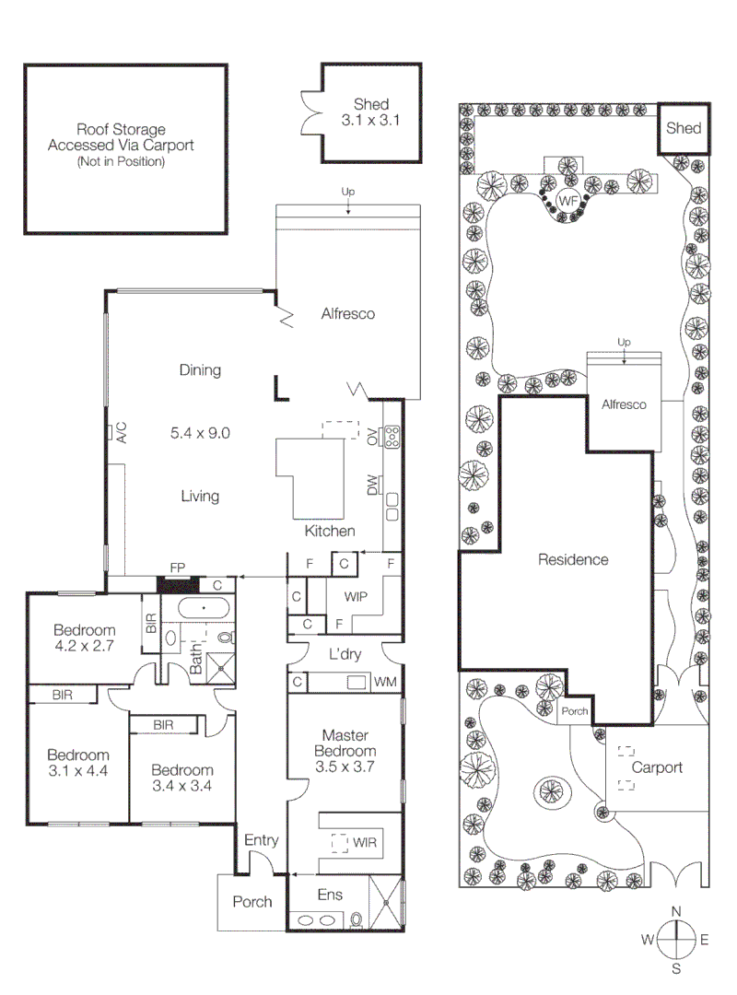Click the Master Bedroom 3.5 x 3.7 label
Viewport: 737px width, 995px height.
click(345, 750)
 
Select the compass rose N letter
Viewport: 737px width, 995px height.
click(676, 911)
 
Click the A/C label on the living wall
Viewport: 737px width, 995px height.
click(120, 433)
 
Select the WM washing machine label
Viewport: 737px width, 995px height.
click(385, 683)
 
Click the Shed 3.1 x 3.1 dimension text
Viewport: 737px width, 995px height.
click(371, 120)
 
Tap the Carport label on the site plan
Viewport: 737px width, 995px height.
click(657, 767)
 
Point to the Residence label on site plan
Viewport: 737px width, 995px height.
click(573, 559)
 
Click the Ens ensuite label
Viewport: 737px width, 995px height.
click(330, 895)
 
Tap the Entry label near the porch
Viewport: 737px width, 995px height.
click(261, 840)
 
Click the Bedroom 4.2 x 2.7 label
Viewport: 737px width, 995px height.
click(84, 638)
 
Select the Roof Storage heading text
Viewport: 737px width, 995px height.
click(121, 130)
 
